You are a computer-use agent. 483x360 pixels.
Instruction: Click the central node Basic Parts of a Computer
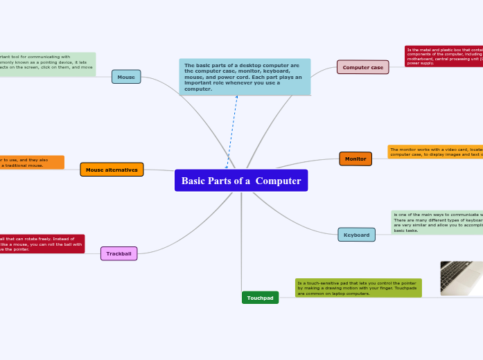coord(240,181)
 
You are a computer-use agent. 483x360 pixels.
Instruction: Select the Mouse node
coord(126,77)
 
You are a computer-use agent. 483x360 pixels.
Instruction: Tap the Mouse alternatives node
coord(112,170)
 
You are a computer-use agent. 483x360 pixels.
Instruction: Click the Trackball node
coord(118,254)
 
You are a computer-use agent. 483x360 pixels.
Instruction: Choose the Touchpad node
coord(260,298)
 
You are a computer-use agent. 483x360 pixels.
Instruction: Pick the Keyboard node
coord(356,235)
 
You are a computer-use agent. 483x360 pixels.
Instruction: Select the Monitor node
coord(355,159)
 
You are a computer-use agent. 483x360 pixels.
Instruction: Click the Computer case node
coord(362,67)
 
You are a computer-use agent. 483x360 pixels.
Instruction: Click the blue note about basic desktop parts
coord(245,77)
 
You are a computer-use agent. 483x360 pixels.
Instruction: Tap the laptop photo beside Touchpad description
coord(462,278)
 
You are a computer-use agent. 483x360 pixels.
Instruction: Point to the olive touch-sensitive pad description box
coord(358,288)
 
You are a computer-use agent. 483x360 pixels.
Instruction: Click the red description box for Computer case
coord(444,56)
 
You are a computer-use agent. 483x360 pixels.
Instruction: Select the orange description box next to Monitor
coord(435,152)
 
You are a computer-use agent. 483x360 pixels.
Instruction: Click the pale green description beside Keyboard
coord(437,222)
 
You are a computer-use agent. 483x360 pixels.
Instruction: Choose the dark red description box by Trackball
coord(42,244)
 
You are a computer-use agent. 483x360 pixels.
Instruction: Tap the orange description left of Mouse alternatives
coord(31,163)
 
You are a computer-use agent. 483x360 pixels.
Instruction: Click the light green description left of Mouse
coord(47,64)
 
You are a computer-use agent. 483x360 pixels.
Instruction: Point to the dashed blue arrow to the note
coord(231,132)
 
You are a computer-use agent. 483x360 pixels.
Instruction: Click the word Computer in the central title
coord(280,181)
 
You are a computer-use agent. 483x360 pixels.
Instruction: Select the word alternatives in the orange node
coord(121,170)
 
